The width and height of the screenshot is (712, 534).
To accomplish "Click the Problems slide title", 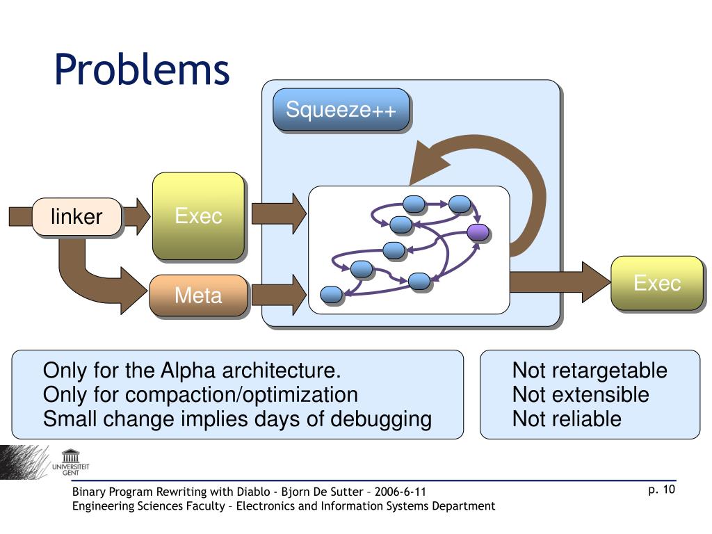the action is click(142, 70).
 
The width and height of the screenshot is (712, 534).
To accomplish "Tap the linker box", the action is click(76, 217).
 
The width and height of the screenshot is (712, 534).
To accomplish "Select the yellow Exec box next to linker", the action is click(198, 216).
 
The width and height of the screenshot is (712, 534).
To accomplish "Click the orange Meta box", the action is click(198, 295).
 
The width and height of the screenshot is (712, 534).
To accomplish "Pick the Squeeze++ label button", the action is click(341, 109).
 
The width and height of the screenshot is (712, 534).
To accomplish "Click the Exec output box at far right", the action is click(657, 283).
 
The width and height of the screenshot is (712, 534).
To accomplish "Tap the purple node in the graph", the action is click(478, 232).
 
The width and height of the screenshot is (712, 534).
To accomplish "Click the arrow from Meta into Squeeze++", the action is click(279, 295).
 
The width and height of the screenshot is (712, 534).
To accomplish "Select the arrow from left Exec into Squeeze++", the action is click(279, 213).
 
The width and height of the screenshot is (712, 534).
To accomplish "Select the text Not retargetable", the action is click(590, 371).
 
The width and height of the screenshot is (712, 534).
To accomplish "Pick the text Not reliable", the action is click(567, 419).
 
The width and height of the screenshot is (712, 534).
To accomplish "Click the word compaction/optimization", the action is click(241, 395).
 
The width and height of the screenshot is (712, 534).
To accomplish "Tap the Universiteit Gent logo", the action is click(70, 462).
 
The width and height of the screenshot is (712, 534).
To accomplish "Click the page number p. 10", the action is click(662, 489).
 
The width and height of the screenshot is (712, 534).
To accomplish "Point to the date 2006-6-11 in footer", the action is click(400, 492).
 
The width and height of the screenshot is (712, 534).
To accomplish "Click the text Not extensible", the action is click(581, 395).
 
